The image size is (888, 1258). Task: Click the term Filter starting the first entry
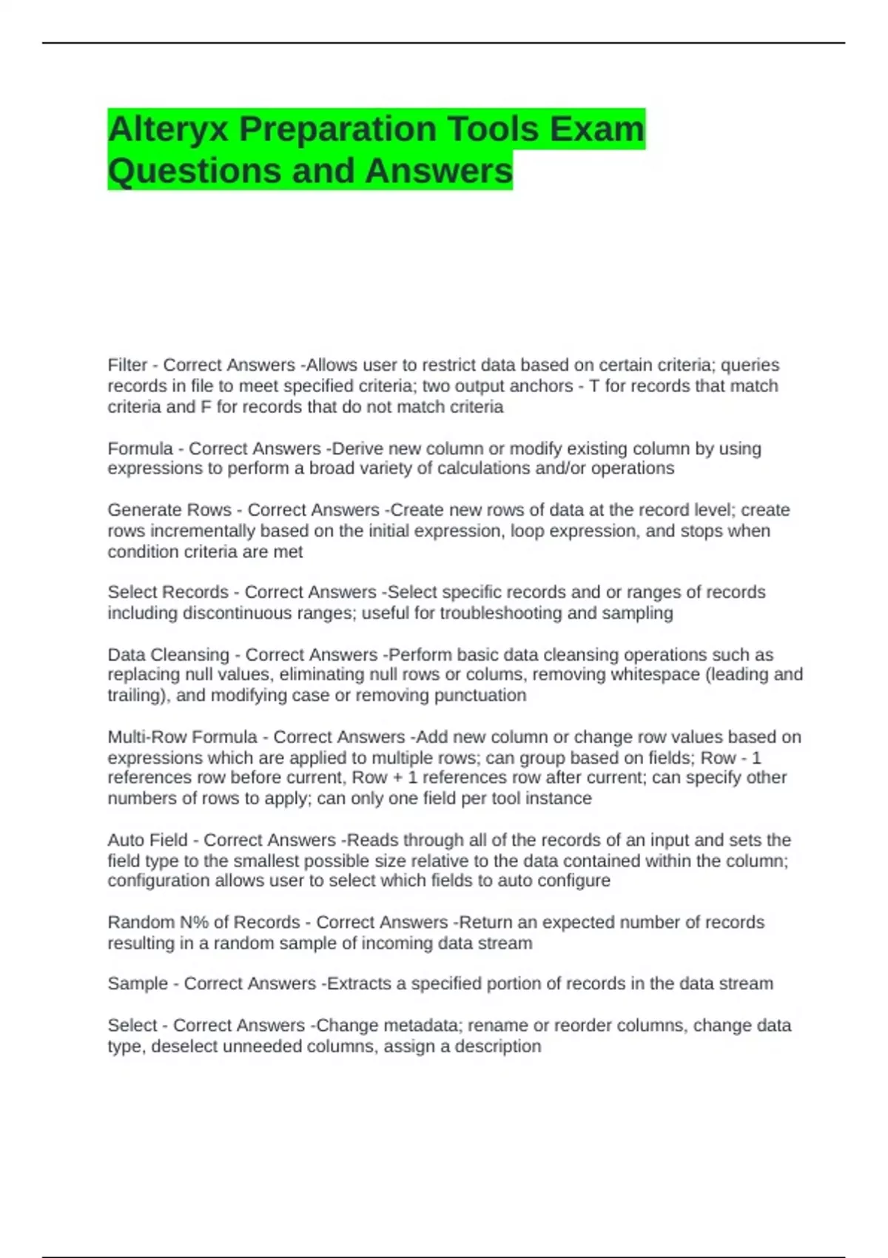click(x=127, y=365)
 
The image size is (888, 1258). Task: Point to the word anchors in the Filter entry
click(x=543, y=386)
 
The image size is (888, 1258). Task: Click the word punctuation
click(x=480, y=695)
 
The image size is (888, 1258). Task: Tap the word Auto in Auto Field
click(x=124, y=840)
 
